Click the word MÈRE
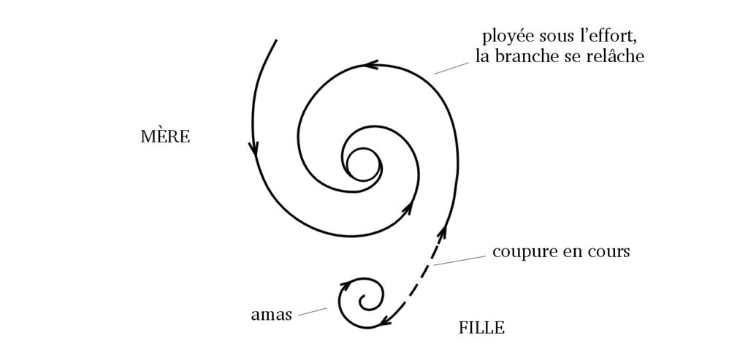pos(165,137)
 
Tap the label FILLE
pos(481,328)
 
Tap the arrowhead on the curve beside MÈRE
pos(253,150)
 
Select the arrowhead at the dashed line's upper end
pos(443,234)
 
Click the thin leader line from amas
pos(312,311)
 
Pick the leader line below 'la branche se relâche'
pos(451,67)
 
